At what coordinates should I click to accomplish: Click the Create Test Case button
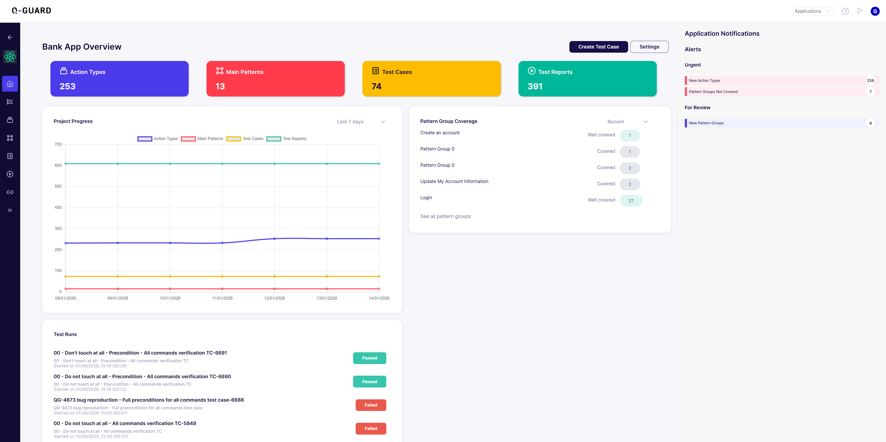click(598, 47)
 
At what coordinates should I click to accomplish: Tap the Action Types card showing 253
click(119, 79)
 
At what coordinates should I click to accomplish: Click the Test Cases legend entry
click(245, 139)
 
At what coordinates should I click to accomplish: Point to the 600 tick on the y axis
click(58, 165)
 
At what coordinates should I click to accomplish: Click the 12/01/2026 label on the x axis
click(275, 298)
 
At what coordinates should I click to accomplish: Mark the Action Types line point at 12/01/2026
click(275, 239)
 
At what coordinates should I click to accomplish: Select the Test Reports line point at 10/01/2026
click(170, 164)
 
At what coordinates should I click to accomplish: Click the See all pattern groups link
click(445, 216)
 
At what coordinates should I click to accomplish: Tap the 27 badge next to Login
click(631, 201)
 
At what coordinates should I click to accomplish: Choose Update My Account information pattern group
click(454, 181)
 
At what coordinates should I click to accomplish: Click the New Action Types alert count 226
click(870, 81)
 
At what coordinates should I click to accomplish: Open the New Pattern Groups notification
click(706, 123)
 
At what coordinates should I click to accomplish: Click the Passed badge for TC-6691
click(369, 358)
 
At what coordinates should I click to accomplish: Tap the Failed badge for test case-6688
click(371, 405)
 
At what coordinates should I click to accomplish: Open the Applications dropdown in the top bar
click(814, 11)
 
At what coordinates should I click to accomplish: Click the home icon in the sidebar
click(10, 84)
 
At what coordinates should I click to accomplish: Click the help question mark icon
click(845, 11)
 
